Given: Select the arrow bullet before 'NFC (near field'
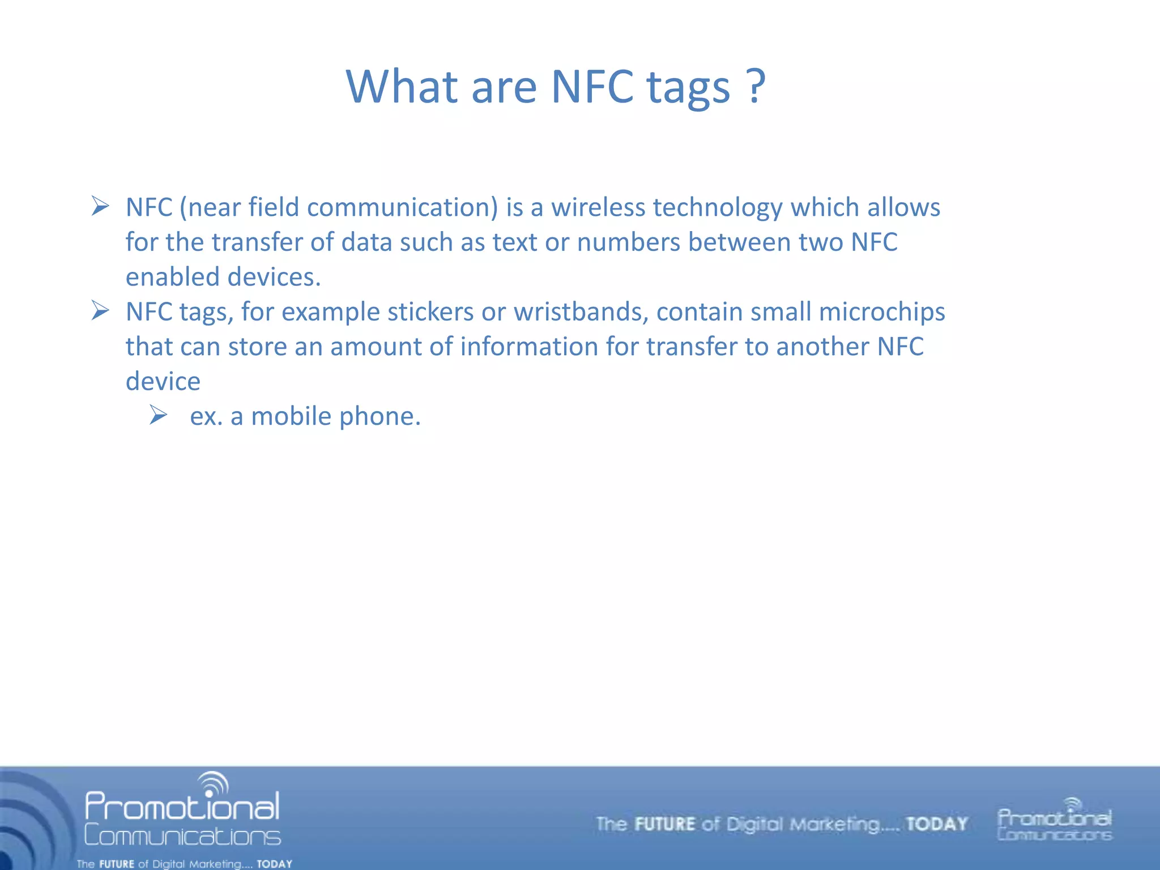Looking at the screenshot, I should (x=100, y=206).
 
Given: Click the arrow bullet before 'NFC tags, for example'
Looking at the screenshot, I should (x=100, y=310).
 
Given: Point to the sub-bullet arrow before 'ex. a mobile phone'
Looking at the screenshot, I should (x=159, y=415).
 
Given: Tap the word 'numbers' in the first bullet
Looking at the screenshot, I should (x=628, y=242).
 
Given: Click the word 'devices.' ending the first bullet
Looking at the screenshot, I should (x=274, y=277).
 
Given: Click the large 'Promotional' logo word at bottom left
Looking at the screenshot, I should (x=182, y=807).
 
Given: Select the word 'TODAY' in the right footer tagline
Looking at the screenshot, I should (x=936, y=824).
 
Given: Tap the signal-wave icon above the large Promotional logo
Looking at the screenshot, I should (x=214, y=784).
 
